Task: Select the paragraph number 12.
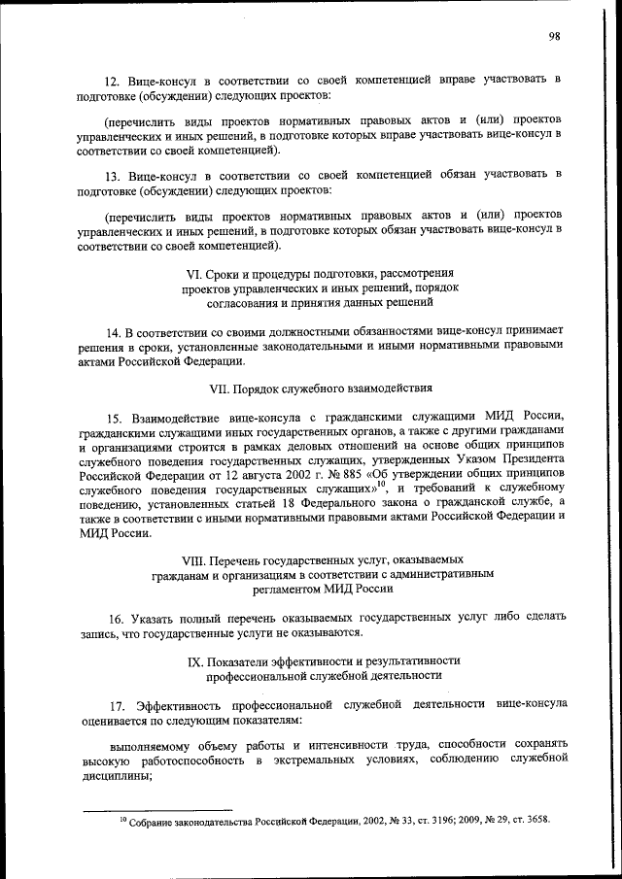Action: click(x=111, y=77)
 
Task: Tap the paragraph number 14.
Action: click(x=112, y=330)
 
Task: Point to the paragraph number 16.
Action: click(x=115, y=618)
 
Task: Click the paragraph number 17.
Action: click(x=115, y=702)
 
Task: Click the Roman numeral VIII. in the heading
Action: click(x=198, y=560)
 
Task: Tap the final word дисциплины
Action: click(x=117, y=775)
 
